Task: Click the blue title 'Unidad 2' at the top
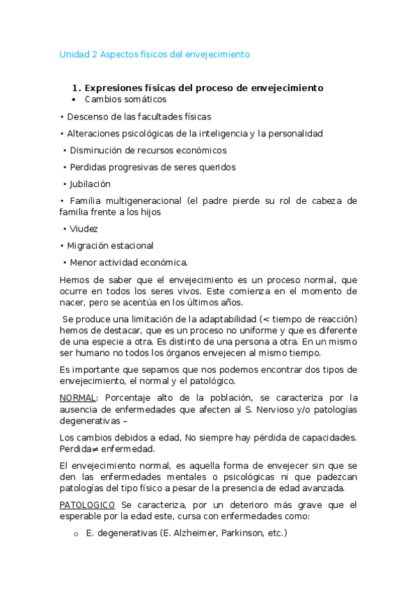79,54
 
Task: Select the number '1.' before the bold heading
77,88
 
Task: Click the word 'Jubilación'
90,184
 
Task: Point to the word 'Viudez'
84,228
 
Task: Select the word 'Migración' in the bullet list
90,246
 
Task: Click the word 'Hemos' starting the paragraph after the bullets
75,279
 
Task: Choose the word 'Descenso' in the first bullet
88,117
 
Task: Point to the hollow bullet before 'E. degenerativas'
75,534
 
